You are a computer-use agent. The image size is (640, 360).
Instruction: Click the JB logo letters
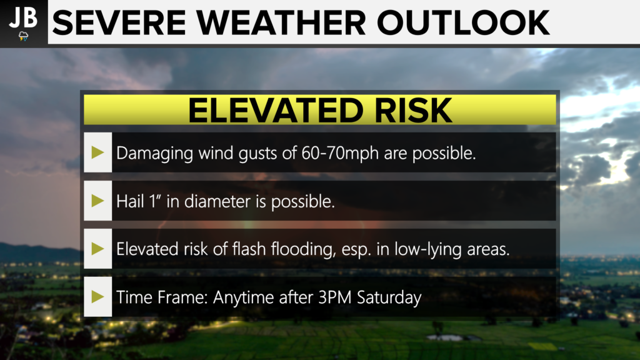click(23, 18)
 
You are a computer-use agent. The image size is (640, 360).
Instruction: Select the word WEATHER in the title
click(281, 23)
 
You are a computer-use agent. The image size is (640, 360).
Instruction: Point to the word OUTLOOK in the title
click(463, 23)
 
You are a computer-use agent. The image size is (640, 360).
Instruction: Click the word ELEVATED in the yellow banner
click(276, 110)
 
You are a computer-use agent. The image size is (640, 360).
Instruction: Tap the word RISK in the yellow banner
click(413, 110)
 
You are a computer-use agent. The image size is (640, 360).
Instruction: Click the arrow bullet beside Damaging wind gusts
click(97, 152)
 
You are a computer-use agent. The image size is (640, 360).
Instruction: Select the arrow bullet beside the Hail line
click(97, 201)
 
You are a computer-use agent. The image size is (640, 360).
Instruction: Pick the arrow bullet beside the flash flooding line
click(97, 249)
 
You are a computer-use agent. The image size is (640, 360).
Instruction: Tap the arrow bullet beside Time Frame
click(97, 297)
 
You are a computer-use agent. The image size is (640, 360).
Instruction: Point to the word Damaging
click(155, 154)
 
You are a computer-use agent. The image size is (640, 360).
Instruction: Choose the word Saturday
click(389, 297)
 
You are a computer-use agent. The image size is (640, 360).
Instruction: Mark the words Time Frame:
click(162, 297)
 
